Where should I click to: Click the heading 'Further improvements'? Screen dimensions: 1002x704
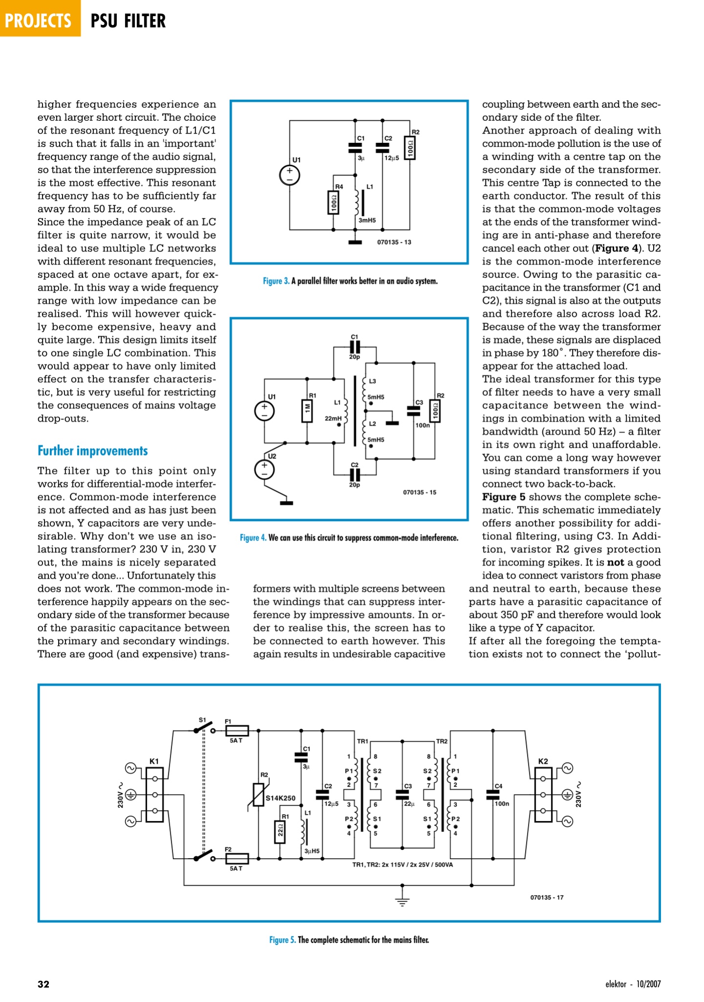coord(92,451)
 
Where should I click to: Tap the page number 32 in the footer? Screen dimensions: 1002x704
coord(44,984)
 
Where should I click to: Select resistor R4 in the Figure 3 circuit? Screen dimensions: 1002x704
coord(333,203)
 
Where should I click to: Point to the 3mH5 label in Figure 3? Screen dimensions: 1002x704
coord(367,221)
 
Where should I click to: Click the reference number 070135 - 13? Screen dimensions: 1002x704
coord(394,242)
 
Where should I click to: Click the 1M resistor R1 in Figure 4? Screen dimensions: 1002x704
coord(307,411)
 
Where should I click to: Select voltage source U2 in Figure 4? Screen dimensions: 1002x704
coord(264,470)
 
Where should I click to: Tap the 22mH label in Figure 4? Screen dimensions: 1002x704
coord(333,418)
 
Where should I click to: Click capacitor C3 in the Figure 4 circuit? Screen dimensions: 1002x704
coord(414,410)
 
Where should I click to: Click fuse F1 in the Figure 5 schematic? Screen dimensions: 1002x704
coord(237,731)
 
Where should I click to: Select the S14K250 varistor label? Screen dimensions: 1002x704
coord(281,798)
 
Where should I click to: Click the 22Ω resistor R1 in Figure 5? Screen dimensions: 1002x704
coord(280,832)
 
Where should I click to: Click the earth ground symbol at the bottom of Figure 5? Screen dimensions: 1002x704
coord(402,902)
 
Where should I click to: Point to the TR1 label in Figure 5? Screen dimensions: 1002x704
coord(362,741)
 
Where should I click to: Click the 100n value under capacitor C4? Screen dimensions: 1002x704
coord(502,803)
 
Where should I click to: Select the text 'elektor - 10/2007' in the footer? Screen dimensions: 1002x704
coord(633,984)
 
